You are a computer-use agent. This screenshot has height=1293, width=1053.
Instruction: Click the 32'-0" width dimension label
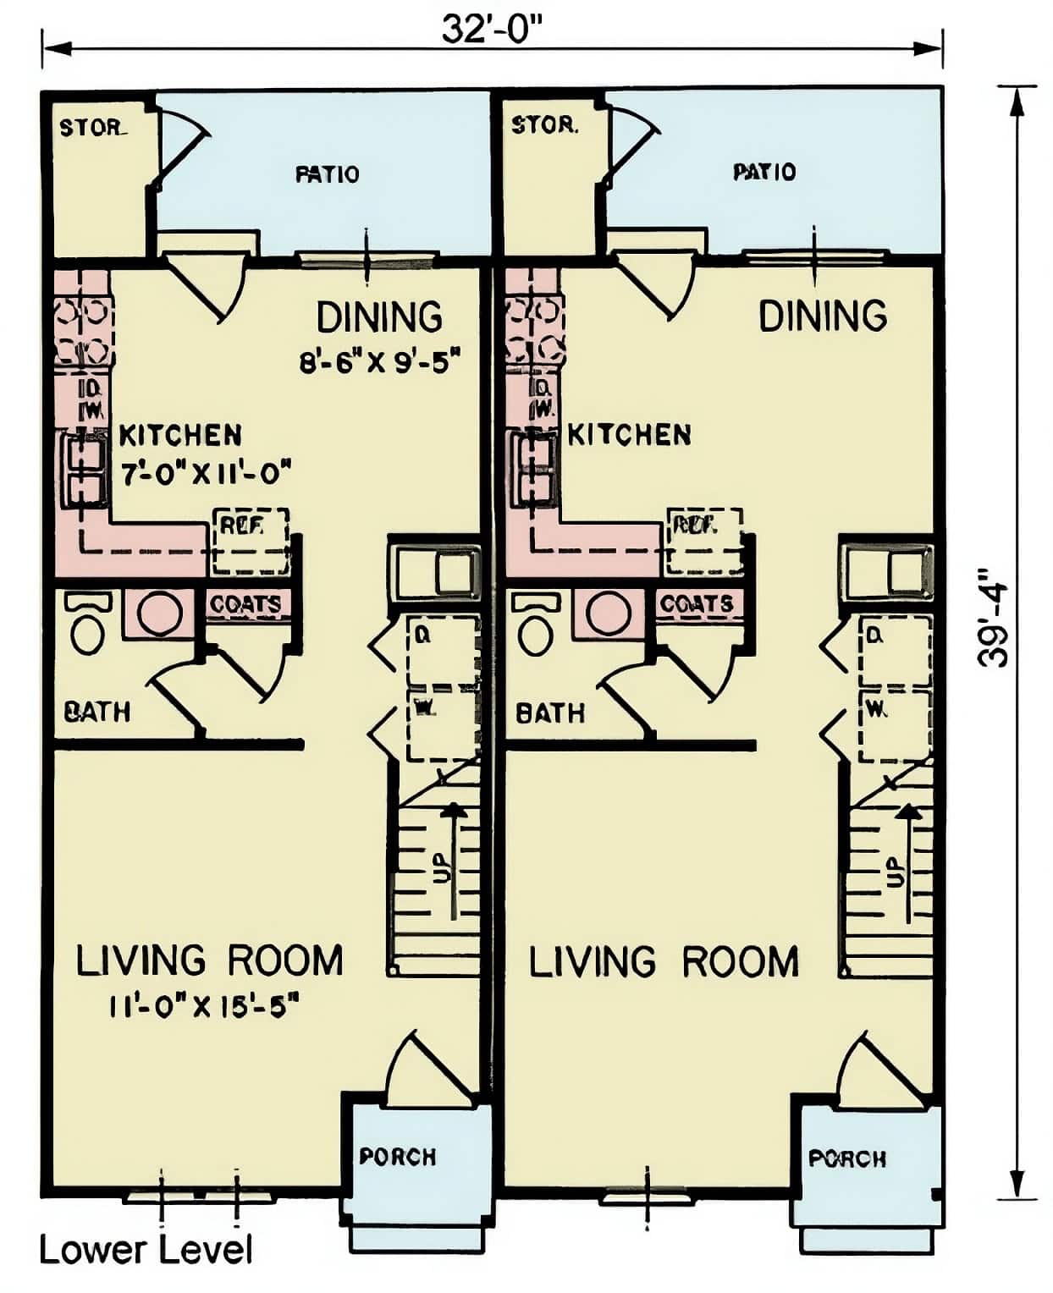[491, 30]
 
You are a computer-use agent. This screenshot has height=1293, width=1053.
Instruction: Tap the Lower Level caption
[146, 1250]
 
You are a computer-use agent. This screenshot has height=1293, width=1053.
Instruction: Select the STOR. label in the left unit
[92, 129]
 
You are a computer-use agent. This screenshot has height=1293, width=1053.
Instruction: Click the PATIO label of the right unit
[764, 172]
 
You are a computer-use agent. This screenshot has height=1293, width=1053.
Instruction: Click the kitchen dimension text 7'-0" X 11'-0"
[206, 474]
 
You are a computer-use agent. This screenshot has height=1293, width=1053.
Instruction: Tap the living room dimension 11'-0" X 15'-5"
[205, 1006]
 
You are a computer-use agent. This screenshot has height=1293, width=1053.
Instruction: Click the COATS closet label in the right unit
[697, 604]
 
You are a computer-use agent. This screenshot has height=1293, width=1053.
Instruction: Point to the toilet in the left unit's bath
[87, 627]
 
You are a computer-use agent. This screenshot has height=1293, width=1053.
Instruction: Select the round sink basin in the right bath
[608, 613]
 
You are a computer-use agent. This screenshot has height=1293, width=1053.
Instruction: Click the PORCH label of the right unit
[847, 1158]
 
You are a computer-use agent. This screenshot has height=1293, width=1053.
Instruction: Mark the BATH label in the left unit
[97, 712]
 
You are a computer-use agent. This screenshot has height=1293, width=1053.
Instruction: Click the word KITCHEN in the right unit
[629, 435]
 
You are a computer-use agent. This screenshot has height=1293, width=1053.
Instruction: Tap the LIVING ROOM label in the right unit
[664, 962]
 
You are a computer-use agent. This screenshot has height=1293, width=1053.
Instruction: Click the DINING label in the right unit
[823, 316]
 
